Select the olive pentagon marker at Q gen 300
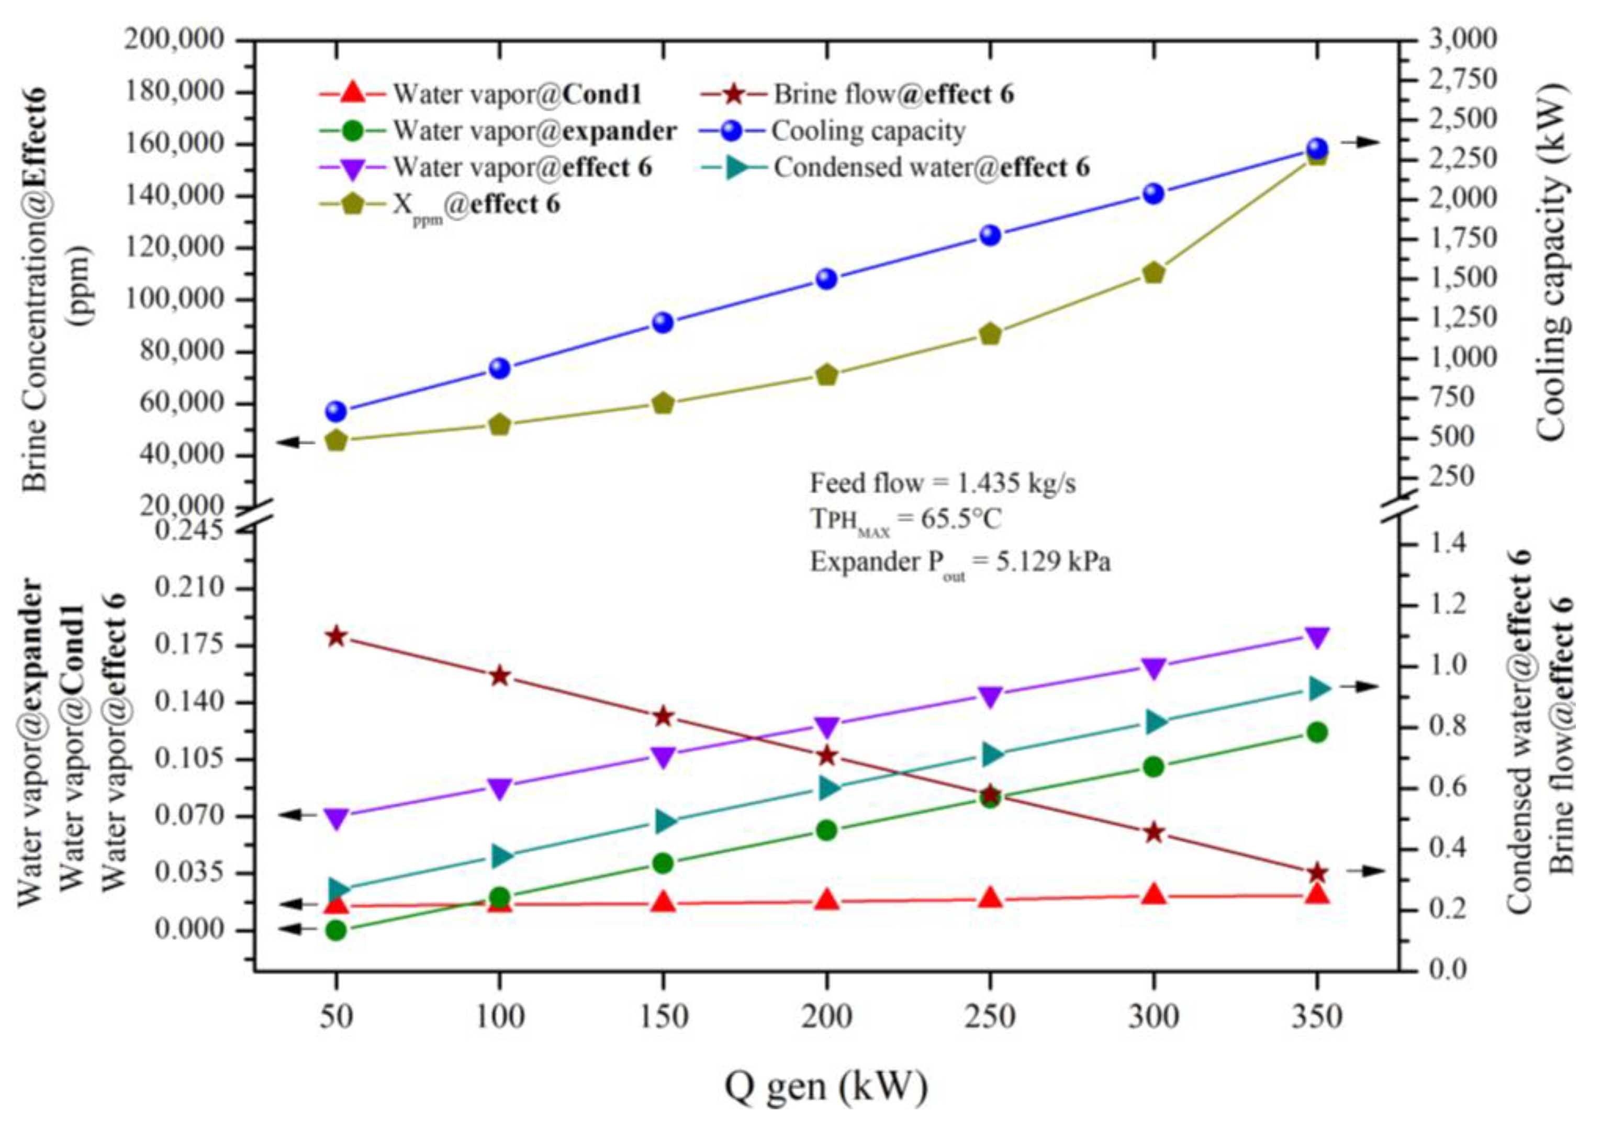[1154, 273]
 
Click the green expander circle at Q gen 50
[336, 930]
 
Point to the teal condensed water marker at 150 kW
[663, 823]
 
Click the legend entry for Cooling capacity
[868, 131]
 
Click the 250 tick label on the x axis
[990, 1017]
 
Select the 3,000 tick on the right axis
[1443, 39]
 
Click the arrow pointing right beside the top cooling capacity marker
[1360, 142]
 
